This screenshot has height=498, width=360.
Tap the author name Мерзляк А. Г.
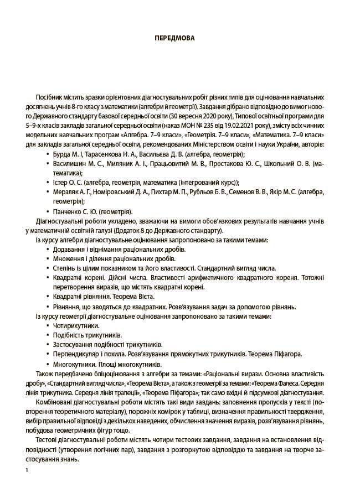[x=74, y=192]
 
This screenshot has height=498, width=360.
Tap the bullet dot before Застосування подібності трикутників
[x=47, y=345]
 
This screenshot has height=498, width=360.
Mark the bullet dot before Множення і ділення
[x=47, y=259]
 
